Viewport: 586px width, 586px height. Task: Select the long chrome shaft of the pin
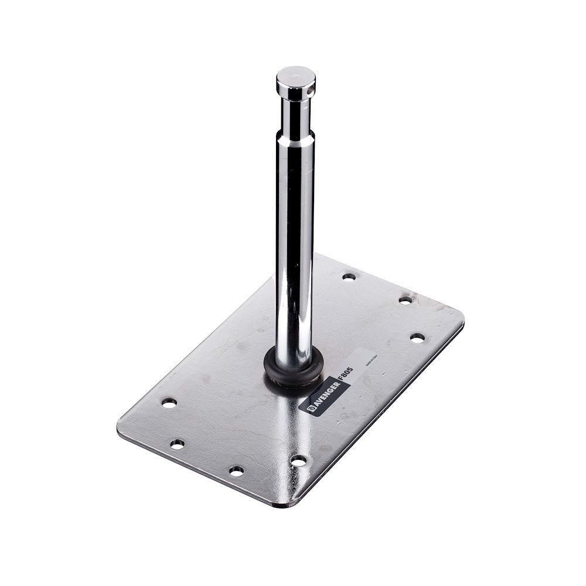pos(295,246)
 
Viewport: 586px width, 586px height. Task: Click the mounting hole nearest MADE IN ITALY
pos(417,338)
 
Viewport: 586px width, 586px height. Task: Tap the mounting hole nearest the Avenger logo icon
pos(298,461)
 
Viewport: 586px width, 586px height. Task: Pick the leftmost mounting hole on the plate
pos(169,403)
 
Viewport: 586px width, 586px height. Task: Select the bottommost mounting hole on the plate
pos(236,471)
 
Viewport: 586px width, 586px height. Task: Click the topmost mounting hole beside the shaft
pos(349,276)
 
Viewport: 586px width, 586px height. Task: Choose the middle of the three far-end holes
pos(406,300)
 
